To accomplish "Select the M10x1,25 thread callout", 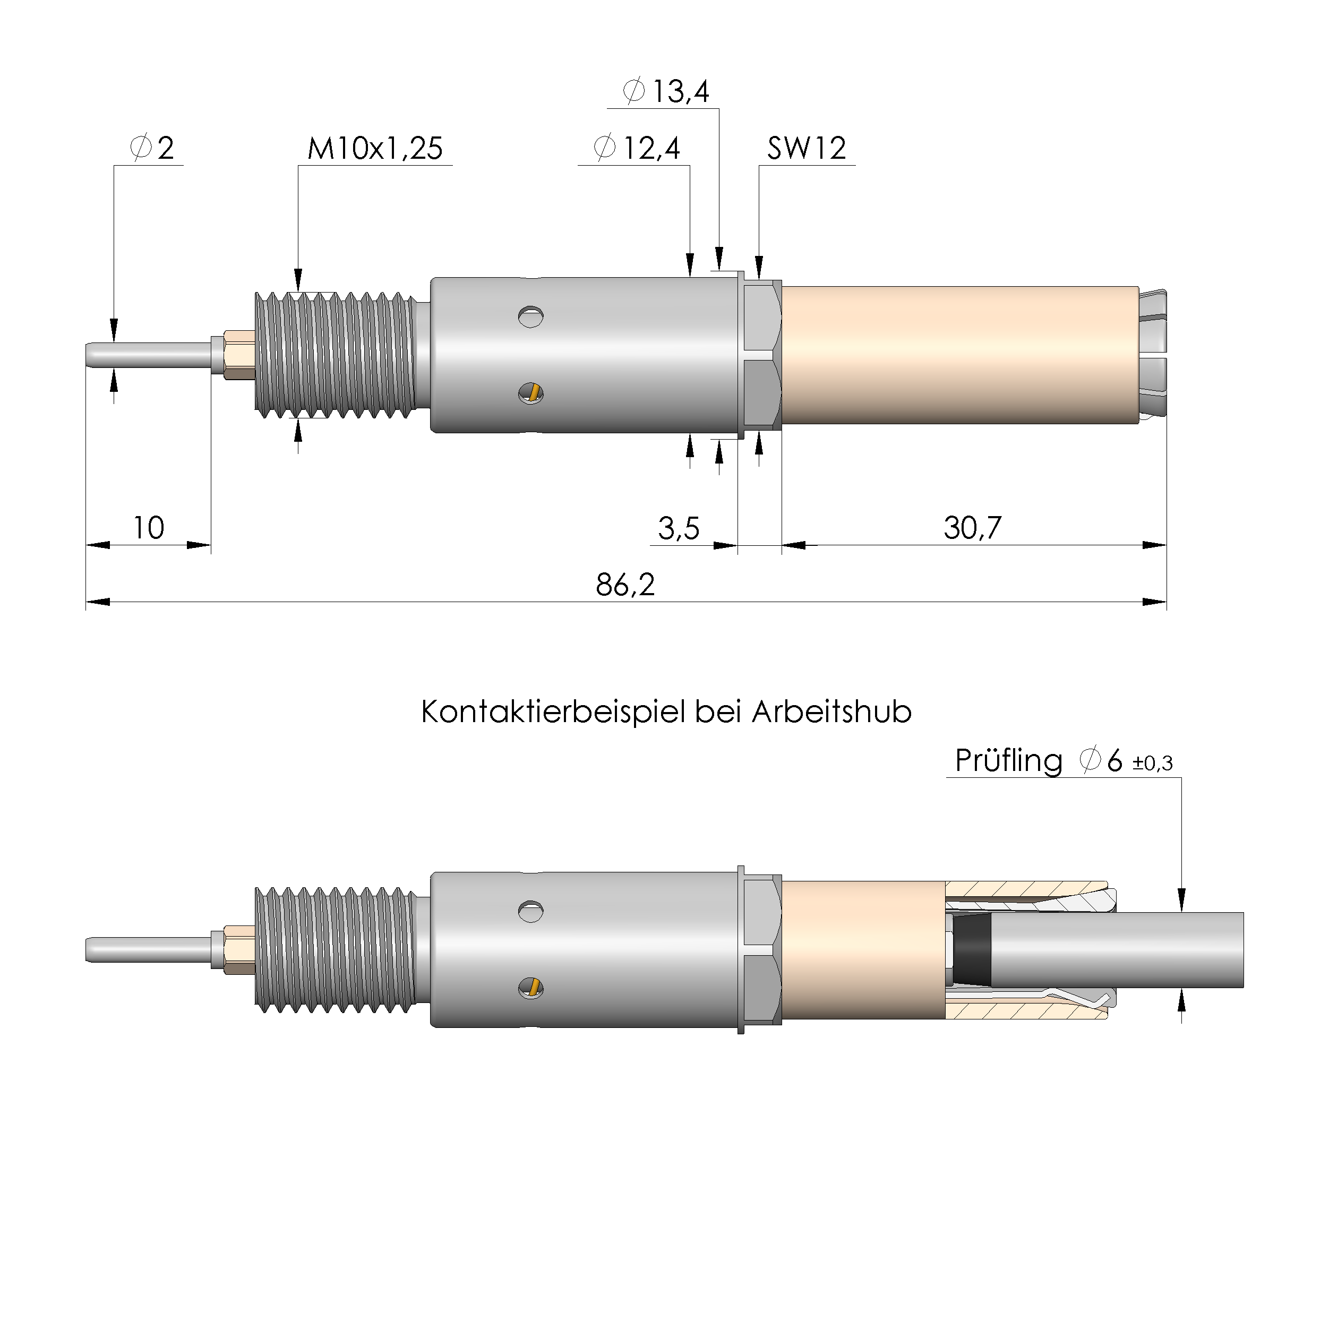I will click(x=375, y=149).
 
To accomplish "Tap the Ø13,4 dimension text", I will click(x=665, y=91).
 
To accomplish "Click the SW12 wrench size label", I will click(x=806, y=149).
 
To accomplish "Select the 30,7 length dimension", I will click(x=972, y=528).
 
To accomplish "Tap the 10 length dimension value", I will click(x=149, y=528).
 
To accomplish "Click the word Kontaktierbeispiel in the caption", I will click(x=554, y=712).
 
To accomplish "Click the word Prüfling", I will click(x=1008, y=761).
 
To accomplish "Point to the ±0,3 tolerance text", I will click(x=1153, y=763).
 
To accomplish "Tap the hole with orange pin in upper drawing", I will click(x=530, y=393).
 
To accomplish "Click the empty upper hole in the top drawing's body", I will click(x=530, y=316).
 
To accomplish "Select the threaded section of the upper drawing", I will click(x=335, y=355).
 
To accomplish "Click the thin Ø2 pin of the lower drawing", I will click(x=148, y=950).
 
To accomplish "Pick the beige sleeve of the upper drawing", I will click(x=959, y=355).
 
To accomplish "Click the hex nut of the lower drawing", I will click(x=761, y=950).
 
